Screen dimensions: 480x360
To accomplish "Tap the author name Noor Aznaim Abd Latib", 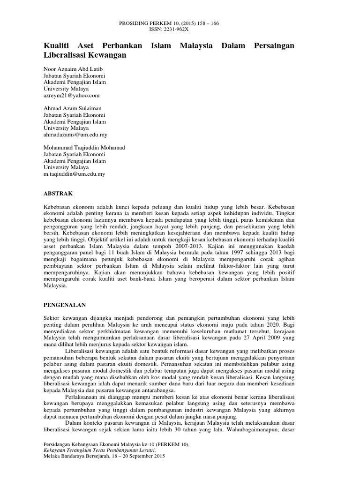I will click(73, 68).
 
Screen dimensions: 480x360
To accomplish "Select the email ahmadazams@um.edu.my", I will click(75, 134).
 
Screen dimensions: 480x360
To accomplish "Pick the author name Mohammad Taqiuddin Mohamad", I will click(84, 147).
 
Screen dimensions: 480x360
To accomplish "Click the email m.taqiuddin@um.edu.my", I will click(74, 173).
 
